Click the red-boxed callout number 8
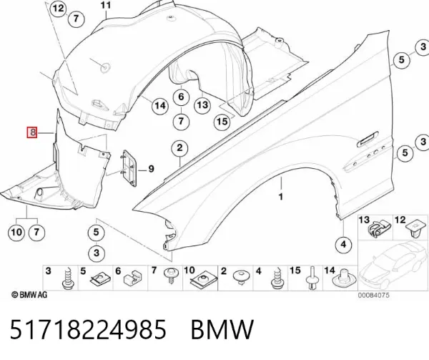(31, 133)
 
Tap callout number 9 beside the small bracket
(151, 169)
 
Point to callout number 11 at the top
(106, 5)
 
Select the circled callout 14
(160, 105)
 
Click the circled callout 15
(222, 121)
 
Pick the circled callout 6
(182, 97)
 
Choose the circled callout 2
(179, 148)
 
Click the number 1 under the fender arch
(281, 197)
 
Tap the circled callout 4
(344, 244)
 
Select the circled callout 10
(16, 233)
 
